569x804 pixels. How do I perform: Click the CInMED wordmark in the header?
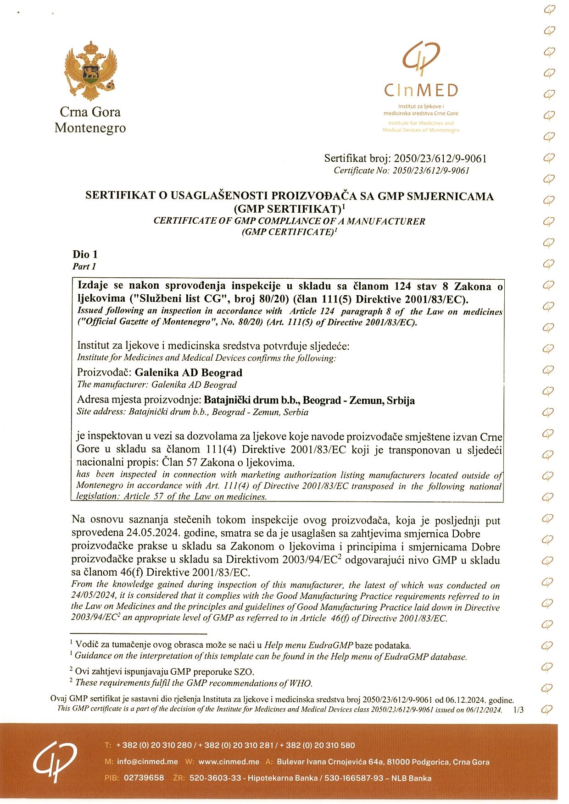[x=421, y=90]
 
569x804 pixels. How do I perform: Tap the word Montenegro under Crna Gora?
[x=90, y=128]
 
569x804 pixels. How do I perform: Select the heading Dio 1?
[x=85, y=254]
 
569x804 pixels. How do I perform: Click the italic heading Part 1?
[x=84, y=266]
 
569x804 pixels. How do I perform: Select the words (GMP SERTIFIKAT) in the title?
[x=287, y=209]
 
